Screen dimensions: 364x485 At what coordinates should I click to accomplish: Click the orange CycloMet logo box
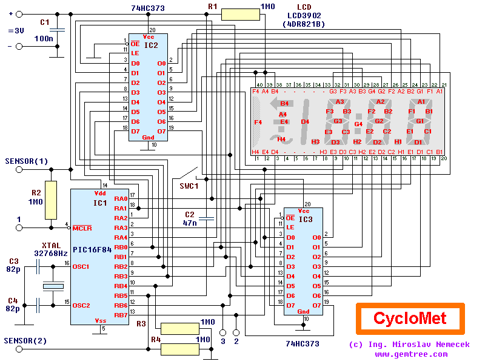pos(409,318)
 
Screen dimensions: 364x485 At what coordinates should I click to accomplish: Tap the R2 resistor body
pos(50,200)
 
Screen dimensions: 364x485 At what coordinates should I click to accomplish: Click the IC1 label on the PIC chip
pos(100,203)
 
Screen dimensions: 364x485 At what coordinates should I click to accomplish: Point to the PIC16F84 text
pos(96,249)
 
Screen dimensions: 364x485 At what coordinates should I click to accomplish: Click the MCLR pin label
pos(82,228)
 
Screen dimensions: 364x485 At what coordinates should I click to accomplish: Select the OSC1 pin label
pos(81,266)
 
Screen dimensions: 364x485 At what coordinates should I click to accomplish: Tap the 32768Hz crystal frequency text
pos(51,253)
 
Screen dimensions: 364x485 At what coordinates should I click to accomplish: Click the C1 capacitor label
pos(44,22)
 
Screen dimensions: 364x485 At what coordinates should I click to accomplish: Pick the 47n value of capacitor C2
pos(190,223)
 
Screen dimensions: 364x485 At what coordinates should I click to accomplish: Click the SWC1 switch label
pos(189,186)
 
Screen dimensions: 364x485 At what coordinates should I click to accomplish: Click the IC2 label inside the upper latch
pos(152,45)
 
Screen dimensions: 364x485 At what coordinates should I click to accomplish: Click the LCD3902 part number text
pos(303,15)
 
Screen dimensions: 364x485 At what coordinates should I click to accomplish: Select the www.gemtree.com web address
pos(411,354)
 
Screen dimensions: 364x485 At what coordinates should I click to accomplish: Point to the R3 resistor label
pos(141,323)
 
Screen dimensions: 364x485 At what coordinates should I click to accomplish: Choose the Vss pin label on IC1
pos(101,320)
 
